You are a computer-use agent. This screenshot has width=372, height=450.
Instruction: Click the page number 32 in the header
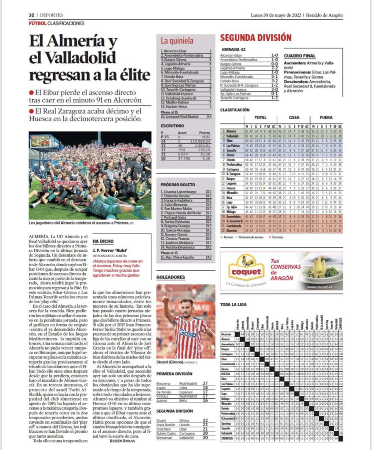32,15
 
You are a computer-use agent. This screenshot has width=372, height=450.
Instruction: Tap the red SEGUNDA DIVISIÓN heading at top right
255,38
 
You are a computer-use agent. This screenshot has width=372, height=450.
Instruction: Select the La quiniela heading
177,41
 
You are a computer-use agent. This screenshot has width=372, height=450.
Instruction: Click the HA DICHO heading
103,241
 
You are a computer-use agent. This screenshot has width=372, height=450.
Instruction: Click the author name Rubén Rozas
123,441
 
